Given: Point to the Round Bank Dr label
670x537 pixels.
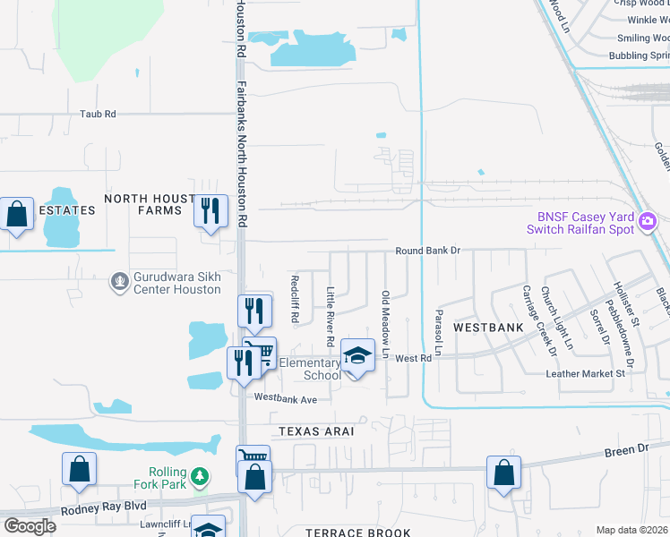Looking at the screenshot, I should pos(427,251).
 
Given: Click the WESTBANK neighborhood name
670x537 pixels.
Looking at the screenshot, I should pos(487,328).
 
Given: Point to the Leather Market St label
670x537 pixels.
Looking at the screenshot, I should pos(585,373).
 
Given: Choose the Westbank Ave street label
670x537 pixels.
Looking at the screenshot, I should pos(286,397).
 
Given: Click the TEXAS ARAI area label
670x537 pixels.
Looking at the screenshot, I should pos(317,431).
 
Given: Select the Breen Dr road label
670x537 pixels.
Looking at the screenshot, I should pos(625,449).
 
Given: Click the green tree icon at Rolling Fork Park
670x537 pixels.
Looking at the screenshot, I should pos(201,474).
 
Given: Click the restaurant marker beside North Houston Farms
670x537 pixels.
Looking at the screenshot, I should pos(210,211).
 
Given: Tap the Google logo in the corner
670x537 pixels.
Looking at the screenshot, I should pos(30,526).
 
